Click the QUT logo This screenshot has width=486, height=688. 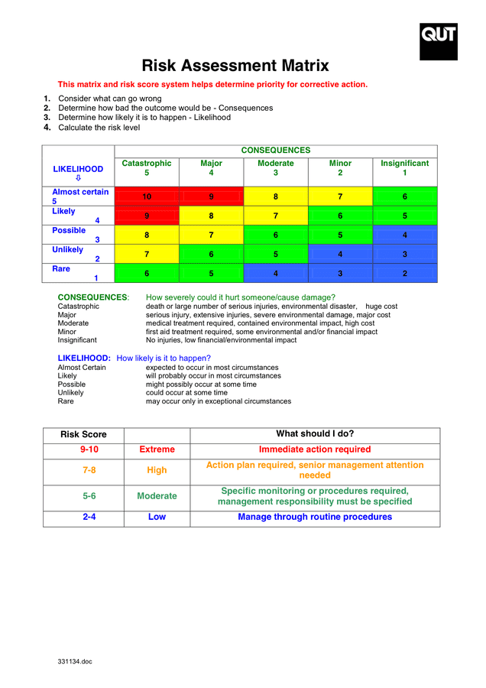[x=438, y=41]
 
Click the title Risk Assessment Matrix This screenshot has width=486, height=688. [x=235, y=66]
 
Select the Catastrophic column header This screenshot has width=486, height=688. [x=147, y=168]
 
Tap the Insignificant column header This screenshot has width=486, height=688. [x=404, y=168]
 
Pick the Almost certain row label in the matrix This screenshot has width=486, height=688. [x=80, y=196]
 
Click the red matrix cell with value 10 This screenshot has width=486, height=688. [x=147, y=197]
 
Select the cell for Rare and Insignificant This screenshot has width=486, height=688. [x=404, y=274]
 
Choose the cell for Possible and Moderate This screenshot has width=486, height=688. [x=276, y=235]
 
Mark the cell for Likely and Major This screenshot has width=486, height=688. [x=211, y=216]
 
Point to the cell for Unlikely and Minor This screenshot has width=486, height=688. [x=340, y=255]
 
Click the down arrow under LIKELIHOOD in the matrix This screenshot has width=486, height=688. [x=78, y=179]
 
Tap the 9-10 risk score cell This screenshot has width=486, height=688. [x=89, y=449]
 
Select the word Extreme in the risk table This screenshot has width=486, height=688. [x=157, y=449]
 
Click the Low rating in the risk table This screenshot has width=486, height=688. [x=157, y=518]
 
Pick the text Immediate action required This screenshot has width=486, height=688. [x=315, y=449]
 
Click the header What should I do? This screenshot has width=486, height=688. [x=315, y=434]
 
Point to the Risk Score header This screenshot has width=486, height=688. [x=83, y=435]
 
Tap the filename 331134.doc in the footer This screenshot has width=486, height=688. [x=75, y=661]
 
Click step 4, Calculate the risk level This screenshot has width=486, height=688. [x=99, y=128]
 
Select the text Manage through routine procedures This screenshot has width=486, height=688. [x=315, y=518]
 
